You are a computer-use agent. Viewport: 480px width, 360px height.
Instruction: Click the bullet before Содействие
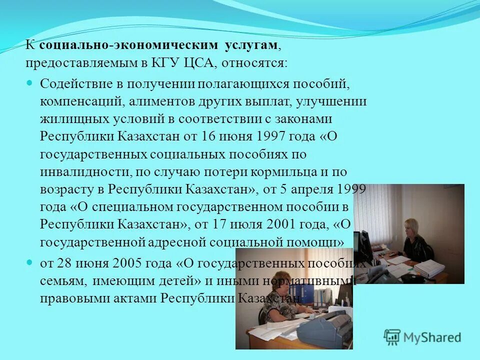tap(29, 82)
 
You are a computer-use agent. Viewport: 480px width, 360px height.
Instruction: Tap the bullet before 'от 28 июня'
tap(29, 261)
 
